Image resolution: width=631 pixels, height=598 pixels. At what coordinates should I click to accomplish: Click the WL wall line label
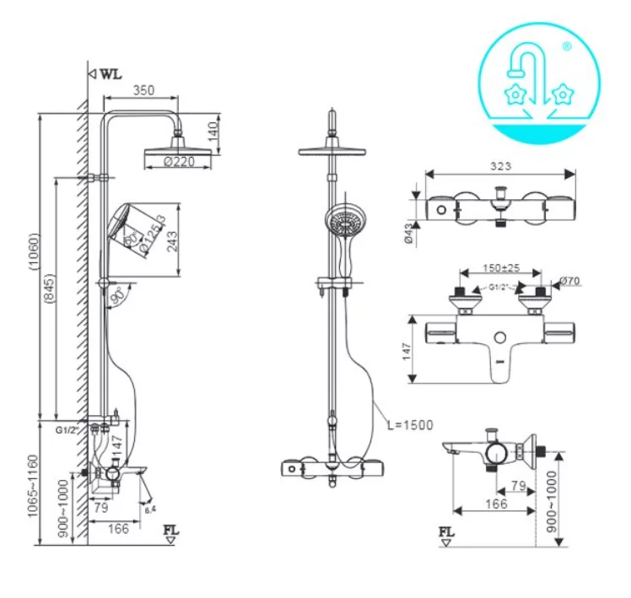tap(110, 73)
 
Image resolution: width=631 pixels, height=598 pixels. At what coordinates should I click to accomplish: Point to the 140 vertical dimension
tap(212, 131)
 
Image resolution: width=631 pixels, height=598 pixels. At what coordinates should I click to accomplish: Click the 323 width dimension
tap(500, 167)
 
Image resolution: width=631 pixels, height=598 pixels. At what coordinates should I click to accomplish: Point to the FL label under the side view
tap(171, 532)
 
